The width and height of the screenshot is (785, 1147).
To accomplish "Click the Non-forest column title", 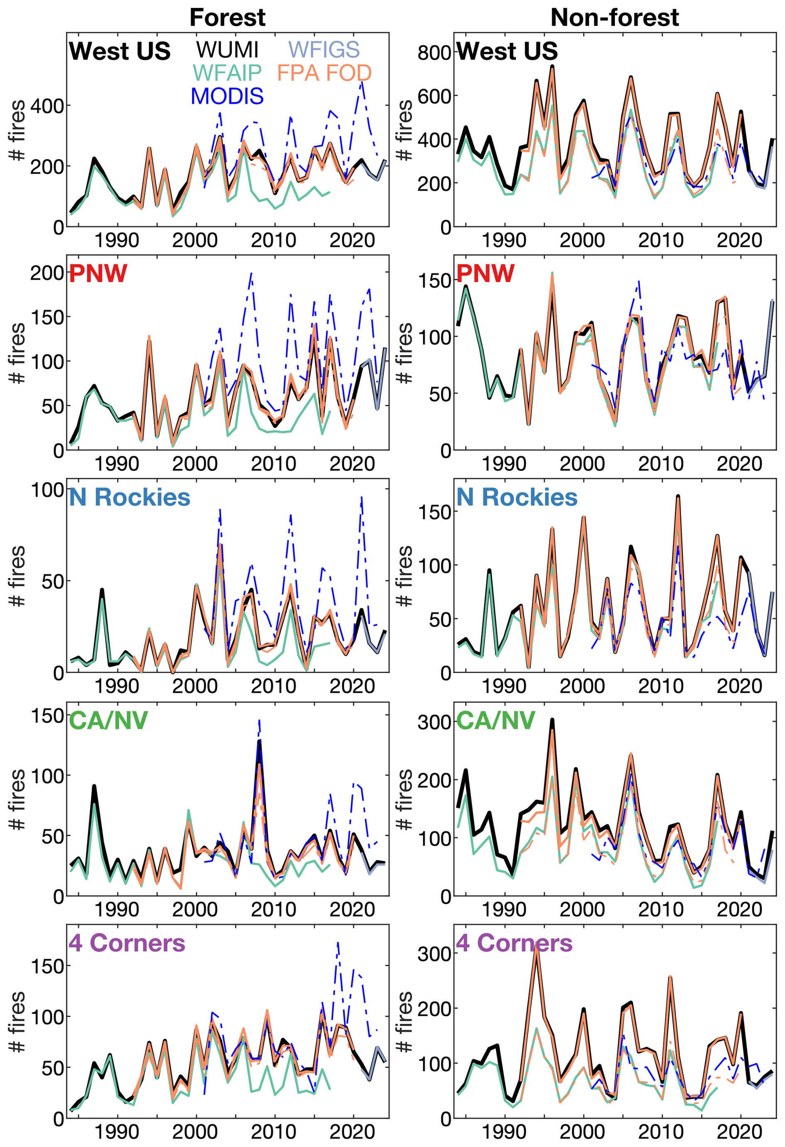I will [x=614, y=17].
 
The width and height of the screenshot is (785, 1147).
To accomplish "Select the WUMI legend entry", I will [x=227, y=49].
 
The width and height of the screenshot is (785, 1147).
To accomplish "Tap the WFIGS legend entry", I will [x=324, y=49].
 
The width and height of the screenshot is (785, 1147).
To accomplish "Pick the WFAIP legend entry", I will [x=227, y=73].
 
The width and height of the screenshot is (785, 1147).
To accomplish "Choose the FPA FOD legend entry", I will [x=324, y=73].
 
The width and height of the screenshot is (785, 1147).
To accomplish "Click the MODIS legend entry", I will [x=227, y=96].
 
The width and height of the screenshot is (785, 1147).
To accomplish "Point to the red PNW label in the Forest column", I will [x=98, y=273].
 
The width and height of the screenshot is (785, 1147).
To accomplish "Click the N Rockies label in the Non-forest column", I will [x=517, y=497].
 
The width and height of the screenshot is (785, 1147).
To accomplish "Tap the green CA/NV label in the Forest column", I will [x=108, y=720].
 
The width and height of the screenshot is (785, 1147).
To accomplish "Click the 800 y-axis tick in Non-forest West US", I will [x=434, y=52].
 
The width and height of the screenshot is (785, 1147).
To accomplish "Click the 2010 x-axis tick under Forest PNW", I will [x=273, y=464].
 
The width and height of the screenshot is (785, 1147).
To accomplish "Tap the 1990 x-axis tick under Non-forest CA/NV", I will [x=504, y=910].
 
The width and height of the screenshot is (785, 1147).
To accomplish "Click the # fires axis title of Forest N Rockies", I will [x=17, y=576].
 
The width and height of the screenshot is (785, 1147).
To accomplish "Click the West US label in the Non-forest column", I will [x=507, y=51].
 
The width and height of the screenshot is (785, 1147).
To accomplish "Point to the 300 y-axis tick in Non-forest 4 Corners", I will [x=434, y=954].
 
